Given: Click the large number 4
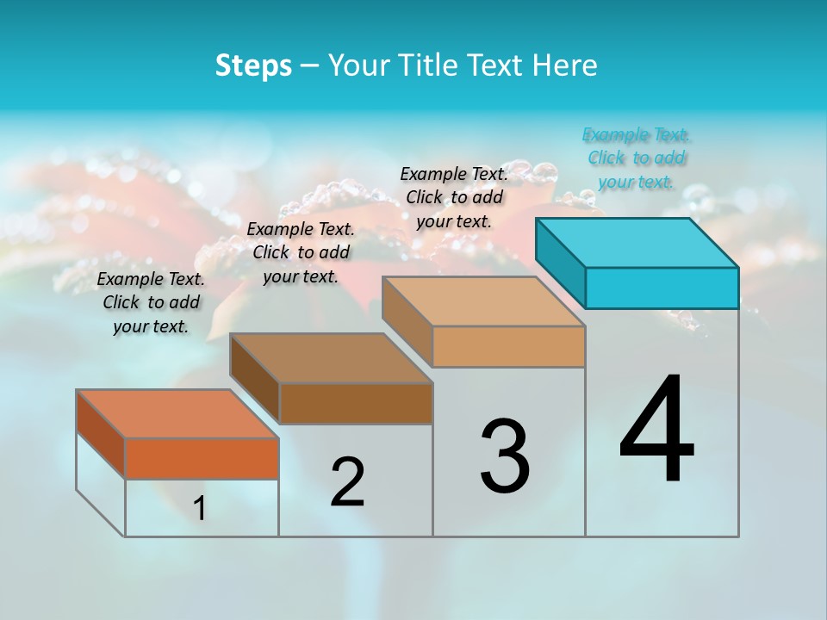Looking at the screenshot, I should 656,431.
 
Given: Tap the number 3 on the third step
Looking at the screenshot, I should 504,456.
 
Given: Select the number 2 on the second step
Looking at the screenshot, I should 347,482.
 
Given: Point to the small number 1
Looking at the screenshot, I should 199,509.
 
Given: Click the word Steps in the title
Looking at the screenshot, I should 253,65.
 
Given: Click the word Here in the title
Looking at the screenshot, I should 565,65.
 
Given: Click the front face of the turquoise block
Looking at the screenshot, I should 662,288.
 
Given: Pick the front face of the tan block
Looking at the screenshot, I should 508,346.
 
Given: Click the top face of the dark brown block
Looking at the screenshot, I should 331,358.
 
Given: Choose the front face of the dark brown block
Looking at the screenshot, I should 356,403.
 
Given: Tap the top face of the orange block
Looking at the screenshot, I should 177,414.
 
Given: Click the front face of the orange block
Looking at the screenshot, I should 202,458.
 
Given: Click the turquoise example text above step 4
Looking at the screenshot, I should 637,158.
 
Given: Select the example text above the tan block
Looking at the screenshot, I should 454,197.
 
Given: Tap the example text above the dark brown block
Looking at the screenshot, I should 301,252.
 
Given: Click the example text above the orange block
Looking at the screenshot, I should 151,302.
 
